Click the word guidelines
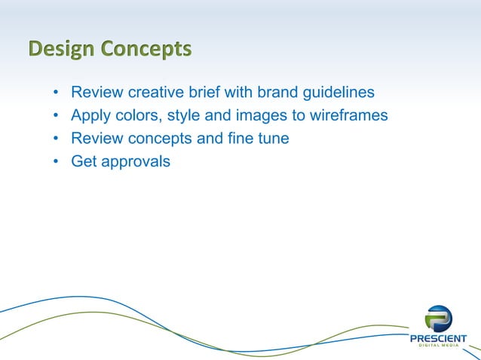339,94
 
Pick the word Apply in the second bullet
90,117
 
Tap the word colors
137,117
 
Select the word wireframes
345,117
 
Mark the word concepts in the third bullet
153,139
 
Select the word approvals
136,162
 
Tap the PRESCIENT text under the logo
438,338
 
